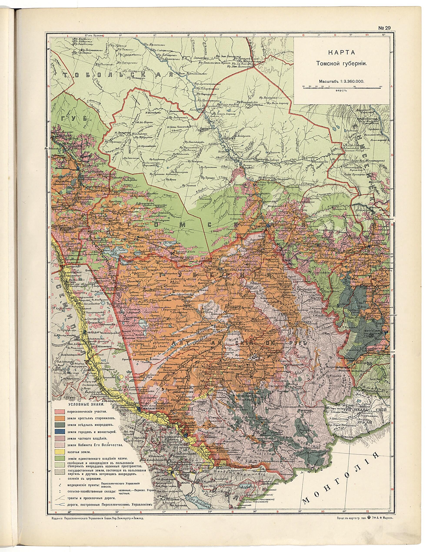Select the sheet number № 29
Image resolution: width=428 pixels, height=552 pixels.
[x=384, y=28]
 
